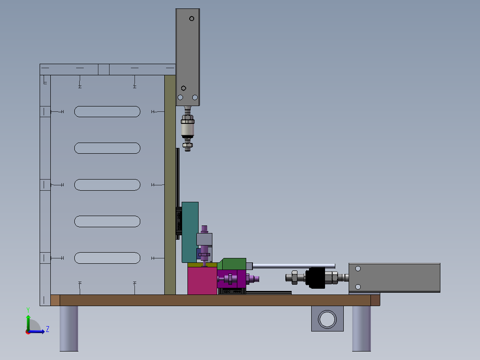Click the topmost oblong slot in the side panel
click(x=107, y=111)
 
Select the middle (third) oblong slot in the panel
click(x=107, y=184)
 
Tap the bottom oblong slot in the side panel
click(x=107, y=258)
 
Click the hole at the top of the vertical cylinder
click(x=191, y=19)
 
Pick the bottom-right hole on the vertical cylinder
click(x=195, y=97)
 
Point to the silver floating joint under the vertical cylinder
click(x=187, y=129)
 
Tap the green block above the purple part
click(x=232, y=264)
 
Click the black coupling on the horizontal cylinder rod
click(x=316, y=278)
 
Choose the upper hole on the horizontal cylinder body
click(x=358, y=269)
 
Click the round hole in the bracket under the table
click(x=327, y=319)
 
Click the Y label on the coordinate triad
click(x=28, y=309)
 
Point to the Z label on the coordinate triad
click(x=48, y=329)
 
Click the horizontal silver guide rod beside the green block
click(x=294, y=266)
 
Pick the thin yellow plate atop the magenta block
click(x=202, y=265)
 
